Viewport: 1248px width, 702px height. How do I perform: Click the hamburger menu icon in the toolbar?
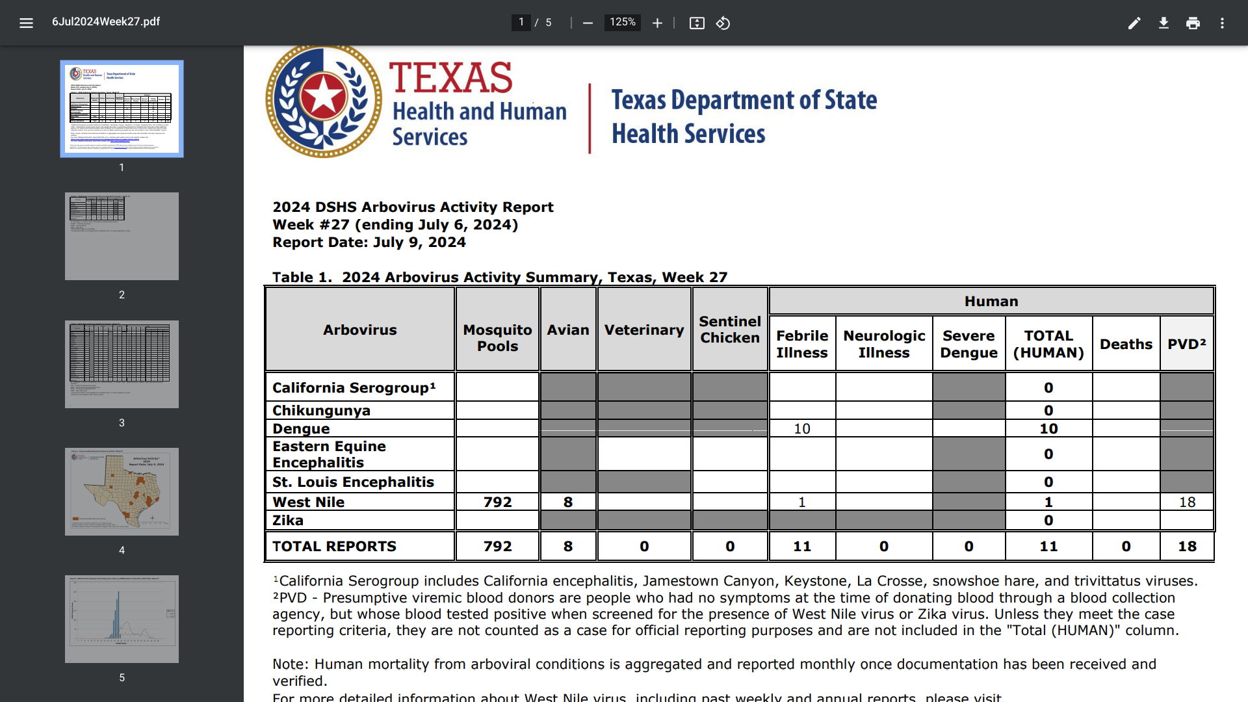[26, 23]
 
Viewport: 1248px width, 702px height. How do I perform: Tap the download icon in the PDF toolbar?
[1163, 23]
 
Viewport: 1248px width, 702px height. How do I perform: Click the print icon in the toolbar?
[1193, 23]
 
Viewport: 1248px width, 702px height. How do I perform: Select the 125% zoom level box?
[622, 23]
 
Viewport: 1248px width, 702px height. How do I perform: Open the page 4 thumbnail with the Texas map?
[122, 491]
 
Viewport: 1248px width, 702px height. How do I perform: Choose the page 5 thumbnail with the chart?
[122, 619]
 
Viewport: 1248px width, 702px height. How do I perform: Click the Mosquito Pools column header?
[497, 338]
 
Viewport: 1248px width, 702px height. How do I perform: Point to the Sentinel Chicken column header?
[730, 330]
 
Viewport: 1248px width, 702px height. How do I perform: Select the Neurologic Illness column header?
[884, 344]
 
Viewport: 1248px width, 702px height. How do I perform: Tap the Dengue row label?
[301, 429]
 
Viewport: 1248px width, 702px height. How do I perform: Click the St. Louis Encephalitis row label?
[353, 482]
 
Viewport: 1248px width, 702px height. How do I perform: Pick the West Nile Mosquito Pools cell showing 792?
[497, 502]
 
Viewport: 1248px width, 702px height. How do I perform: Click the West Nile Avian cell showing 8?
[568, 502]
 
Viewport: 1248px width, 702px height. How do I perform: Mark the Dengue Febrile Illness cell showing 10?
[802, 429]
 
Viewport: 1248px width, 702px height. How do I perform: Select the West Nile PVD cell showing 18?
[1187, 502]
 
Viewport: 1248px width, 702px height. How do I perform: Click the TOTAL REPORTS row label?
[334, 547]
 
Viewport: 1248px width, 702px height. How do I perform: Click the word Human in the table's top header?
[991, 302]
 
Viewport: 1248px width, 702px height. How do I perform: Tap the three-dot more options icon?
[1222, 23]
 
